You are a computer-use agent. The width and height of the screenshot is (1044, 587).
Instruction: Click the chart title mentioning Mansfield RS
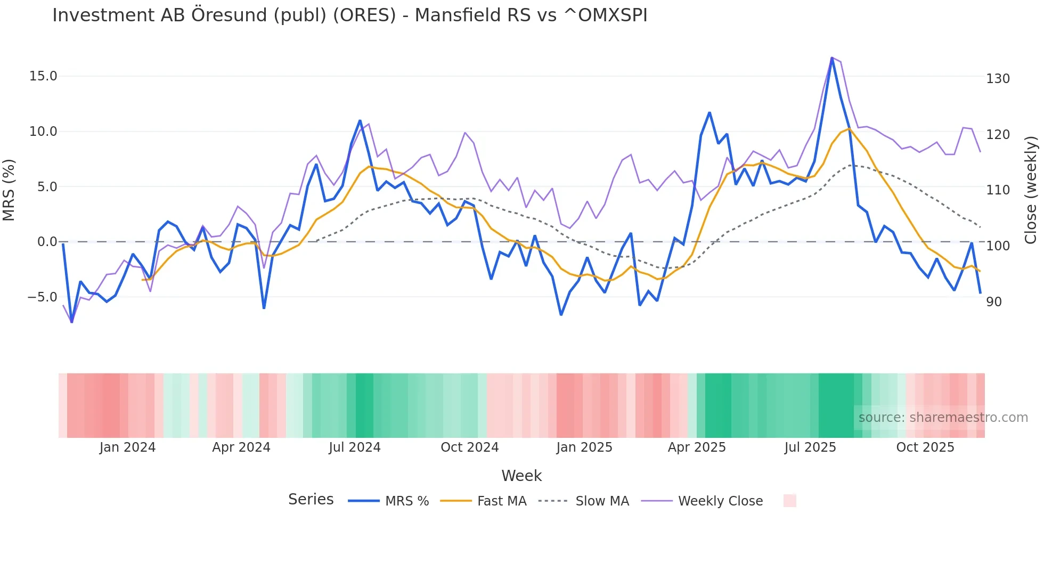point(349,15)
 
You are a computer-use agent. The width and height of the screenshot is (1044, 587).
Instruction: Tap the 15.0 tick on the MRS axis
point(43,76)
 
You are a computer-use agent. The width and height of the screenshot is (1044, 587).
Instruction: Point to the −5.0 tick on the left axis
point(42,297)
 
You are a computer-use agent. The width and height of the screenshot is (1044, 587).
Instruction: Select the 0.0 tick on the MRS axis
point(47,242)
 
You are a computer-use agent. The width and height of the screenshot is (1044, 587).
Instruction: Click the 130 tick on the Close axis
point(998,79)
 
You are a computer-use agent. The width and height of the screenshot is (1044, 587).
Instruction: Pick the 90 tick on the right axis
point(994,302)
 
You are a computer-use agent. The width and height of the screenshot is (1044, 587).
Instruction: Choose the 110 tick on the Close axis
point(998,190)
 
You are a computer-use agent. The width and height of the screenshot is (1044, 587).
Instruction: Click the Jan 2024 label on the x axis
point(127,447)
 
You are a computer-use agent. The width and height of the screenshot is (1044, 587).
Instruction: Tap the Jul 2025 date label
point(810,447)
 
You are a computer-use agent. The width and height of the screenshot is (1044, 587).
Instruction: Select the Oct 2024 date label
point(469,447)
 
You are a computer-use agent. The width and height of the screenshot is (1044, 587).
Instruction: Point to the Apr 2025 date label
point(697,447)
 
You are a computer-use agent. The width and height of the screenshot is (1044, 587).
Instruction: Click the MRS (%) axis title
point(9,190)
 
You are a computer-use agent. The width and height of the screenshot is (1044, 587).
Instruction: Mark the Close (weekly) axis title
point(1031,190)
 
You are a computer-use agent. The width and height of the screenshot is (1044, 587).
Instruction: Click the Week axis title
point(521,476)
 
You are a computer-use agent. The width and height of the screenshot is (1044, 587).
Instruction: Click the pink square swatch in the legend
point(789,501)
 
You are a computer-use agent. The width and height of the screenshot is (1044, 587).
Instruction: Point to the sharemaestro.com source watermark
point(943,418)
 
